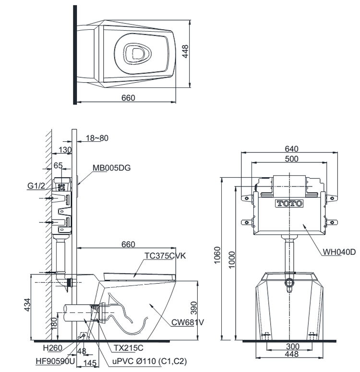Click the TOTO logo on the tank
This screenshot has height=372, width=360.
tap(289, 203)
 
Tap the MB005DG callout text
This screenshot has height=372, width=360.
tap(111, 168)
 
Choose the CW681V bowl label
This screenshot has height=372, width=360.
tap(188, 322)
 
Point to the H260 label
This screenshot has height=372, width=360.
tap(51, 347)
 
